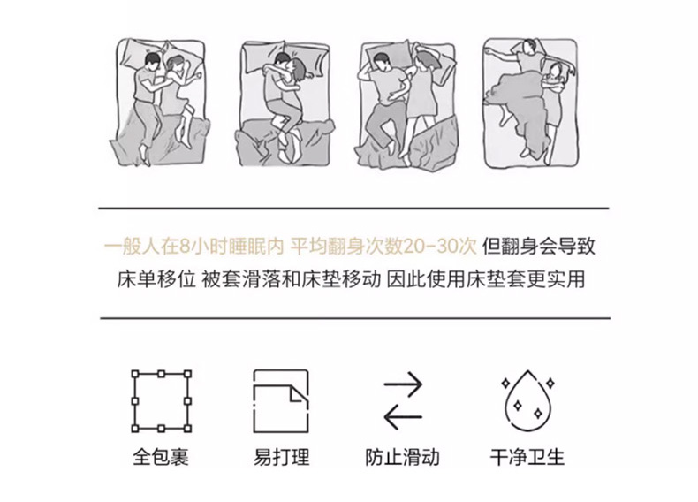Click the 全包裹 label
click(161, 458)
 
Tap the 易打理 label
click(281, 458)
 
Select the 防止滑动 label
click(402, 458)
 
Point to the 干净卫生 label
click(527, 458)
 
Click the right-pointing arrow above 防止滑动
click(403, 384)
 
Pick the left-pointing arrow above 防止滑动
click(403, 417)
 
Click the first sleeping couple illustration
click(159, 102)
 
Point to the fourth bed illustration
click(530, 103)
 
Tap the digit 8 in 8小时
click(185, 247)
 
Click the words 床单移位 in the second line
click(156, 280)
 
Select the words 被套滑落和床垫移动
click(292, 280)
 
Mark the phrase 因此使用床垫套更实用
click(485, 280)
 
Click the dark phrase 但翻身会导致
click(539, 246)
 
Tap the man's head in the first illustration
click(152, 61)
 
